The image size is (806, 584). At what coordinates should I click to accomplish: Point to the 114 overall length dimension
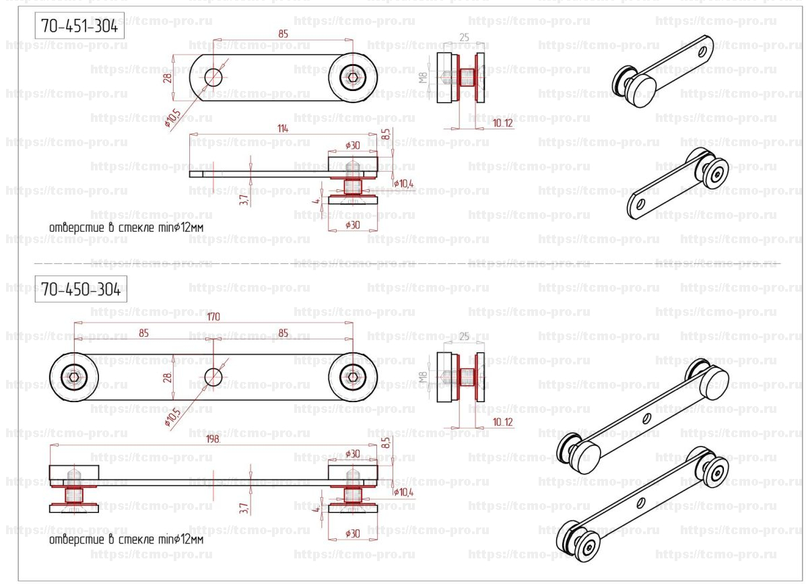282,128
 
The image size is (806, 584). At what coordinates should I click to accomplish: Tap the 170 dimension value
213,317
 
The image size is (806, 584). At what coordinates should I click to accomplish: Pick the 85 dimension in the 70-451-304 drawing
283,32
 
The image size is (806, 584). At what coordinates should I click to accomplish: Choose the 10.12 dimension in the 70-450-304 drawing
502,422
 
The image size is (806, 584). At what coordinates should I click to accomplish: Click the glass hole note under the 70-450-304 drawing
127,540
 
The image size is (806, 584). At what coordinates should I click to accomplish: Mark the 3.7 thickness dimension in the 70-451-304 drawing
244,199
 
